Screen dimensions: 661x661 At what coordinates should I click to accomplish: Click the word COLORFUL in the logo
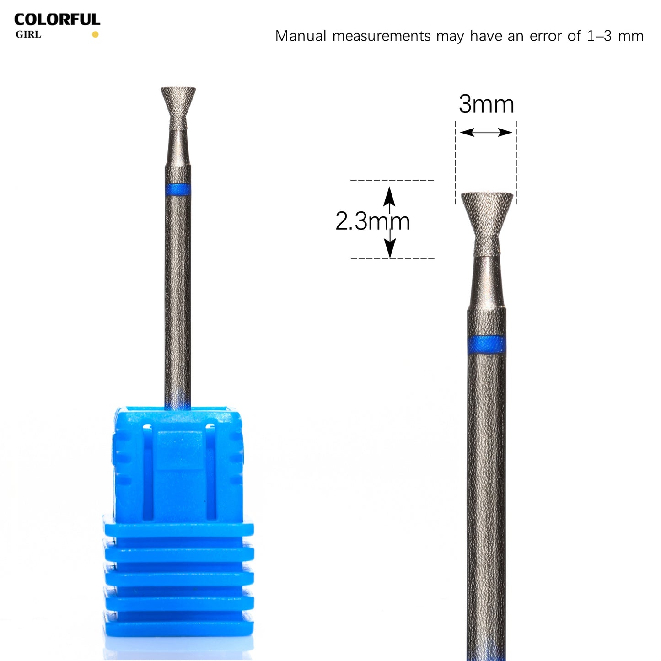click(57, 20)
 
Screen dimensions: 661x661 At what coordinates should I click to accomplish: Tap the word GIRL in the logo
click(28, 35)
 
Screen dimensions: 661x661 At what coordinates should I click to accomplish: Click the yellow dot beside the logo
click(95, 34)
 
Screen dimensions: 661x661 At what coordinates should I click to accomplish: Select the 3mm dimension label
click(486, 104)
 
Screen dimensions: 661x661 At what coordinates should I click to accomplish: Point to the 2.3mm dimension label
click(372, 221)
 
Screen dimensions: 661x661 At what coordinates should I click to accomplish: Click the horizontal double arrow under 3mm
click(486, 132)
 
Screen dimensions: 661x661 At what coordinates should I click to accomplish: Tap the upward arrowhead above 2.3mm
click(389, 197)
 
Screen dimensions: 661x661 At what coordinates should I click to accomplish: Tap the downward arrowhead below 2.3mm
click(390, 248)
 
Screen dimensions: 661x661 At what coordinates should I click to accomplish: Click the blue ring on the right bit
click(487, 344)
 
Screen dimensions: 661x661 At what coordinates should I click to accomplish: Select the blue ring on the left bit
click(177, 189)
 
